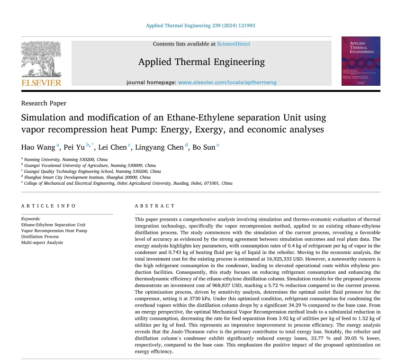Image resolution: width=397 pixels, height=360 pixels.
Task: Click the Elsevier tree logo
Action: (x=41, y=59)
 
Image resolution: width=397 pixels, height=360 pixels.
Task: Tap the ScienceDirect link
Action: (x=234, y=44)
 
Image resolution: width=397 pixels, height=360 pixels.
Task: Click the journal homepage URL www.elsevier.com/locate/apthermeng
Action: (x=227, y=82)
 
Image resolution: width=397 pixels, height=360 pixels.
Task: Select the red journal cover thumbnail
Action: (x=361, y=61)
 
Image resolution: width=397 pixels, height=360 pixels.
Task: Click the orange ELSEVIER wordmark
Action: (x=41, y=83)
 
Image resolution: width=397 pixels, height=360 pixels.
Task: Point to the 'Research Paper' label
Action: (x=44, y=103)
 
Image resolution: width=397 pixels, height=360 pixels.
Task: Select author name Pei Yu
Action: (x=74, y=147)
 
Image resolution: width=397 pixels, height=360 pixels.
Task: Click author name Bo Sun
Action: (x=204, y=147)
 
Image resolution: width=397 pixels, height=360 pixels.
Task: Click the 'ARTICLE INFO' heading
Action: (x=48, y=206)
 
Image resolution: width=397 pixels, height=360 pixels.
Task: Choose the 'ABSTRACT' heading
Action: (x=155, y=206)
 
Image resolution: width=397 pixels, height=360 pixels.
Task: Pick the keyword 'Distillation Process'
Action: (x=40, y=236)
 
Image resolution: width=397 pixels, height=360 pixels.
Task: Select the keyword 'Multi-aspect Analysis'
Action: (x=42, y=243)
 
